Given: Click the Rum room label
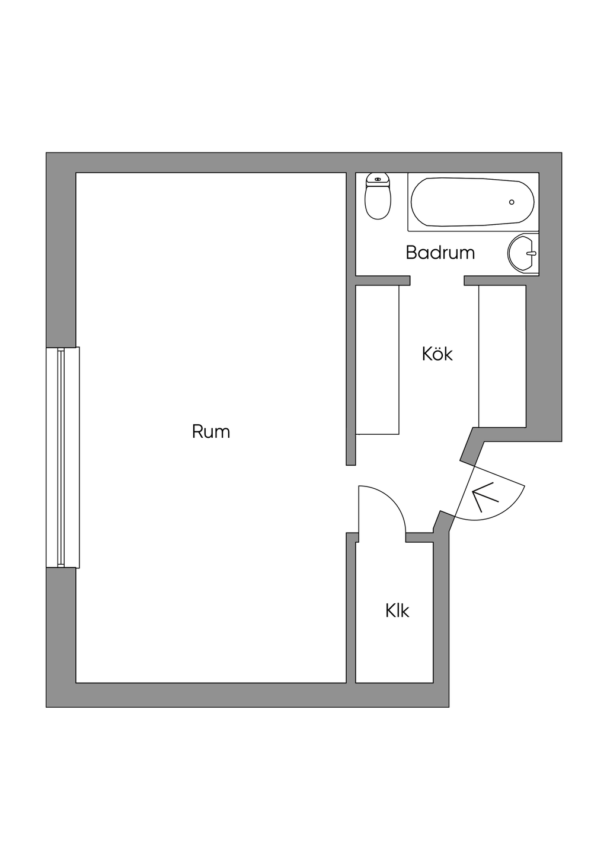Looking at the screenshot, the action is coord(211,432).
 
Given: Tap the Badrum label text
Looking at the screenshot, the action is coord(440,253).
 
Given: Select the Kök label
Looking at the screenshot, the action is coord(437,354).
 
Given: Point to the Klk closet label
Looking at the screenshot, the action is coord(397,610).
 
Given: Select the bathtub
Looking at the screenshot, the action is coord(473,202).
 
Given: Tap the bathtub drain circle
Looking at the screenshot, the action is coord(511,202).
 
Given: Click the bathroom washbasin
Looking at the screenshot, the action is coord(523,253).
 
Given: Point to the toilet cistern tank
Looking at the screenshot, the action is coord(378,180).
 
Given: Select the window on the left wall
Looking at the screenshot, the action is coord(63,457).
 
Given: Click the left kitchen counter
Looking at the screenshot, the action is coord(378,360).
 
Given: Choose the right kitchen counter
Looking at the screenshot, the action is coord(503,357).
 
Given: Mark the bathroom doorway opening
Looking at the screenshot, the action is coord(437,281).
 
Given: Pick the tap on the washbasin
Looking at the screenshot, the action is coord(533,253).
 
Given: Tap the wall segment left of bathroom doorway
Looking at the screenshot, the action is coord(383,281).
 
